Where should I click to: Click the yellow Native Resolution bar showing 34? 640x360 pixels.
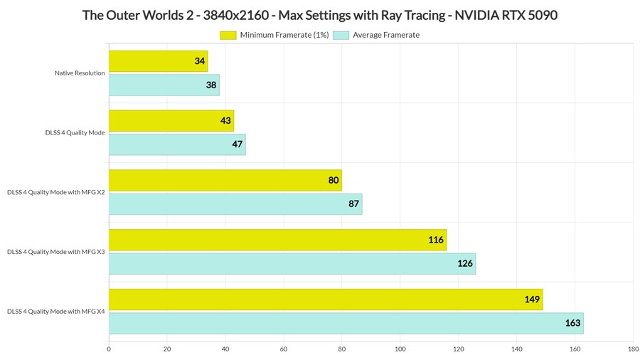click(x=158, y=61)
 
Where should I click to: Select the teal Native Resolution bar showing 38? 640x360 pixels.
click(x=164, y=85)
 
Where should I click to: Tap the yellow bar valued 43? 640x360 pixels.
click(x=171, y=121)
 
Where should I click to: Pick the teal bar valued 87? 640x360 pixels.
click(x=235, y=204)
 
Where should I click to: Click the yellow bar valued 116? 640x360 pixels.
click(x=277, y=240)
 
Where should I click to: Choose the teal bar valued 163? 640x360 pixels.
click(x=346, y=323)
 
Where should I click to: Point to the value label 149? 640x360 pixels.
click(x=533, y=300)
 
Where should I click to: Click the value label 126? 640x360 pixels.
click(x=465, y=264)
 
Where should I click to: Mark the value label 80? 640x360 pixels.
click(x=334, y=181)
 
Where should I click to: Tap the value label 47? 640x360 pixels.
click(x=238, y=145)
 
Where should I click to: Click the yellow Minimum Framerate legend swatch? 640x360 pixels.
click(x=228, y=35)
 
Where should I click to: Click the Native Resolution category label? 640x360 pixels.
click(x=80, y=73)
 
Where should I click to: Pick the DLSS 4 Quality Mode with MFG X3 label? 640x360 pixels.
click(x=56, y=252)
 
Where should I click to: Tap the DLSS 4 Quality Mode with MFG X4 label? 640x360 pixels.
click(x=56, y=312)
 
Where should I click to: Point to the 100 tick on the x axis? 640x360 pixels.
click(x=400, y=349)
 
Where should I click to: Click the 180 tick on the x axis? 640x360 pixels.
click(x=633, y=349)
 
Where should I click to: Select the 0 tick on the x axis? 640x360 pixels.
click(x=109, y=349)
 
